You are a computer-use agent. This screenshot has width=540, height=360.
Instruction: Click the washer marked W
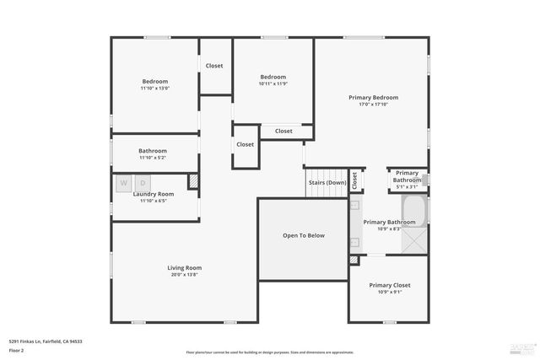click(123, 183)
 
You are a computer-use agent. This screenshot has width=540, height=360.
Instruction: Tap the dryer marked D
click(143, 183)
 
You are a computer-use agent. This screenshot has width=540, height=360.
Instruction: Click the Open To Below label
click(303, 235)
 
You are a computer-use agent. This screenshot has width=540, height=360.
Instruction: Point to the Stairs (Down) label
click(327, 182)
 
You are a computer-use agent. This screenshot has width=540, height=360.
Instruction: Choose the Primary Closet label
click(390, 285)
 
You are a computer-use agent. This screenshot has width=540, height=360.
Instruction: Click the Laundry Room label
click(154, 194)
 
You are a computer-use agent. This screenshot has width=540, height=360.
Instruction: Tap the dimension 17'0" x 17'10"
click(373, 105)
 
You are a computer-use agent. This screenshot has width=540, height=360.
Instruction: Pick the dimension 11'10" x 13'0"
click(155, 88)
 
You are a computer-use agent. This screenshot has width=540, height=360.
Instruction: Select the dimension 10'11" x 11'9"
click(273, 83)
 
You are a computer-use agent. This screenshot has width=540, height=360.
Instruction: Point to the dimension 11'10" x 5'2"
click(154, 158)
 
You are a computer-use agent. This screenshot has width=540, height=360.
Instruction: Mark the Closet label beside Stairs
click(355, 180)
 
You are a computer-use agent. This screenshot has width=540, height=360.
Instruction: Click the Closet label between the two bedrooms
click(214, 65)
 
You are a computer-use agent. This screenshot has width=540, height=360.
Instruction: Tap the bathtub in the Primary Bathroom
click(416, 211)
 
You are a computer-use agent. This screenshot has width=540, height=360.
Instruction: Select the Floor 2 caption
click(17, 349)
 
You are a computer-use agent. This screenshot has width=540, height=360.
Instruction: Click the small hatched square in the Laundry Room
click(193, 180)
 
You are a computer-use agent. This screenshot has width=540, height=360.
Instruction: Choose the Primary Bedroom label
click(373, 98)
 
